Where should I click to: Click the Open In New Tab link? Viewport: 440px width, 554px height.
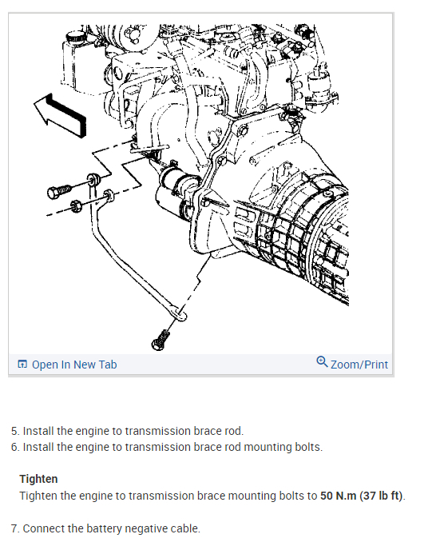pos(74,365)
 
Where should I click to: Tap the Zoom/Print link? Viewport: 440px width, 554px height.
pos(359,365)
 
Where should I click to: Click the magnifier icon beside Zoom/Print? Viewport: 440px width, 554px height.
pos(322,361)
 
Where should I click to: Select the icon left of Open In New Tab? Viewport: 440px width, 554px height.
pos(22,364)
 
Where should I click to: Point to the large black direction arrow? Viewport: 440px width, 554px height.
pos(61,115)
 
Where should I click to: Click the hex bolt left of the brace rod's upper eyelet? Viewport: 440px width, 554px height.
pos(59,192)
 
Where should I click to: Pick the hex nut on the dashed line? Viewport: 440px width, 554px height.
pos(76,205)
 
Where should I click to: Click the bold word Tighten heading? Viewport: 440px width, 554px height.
pos(38,479)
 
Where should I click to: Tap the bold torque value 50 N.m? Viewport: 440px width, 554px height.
pos(338,496)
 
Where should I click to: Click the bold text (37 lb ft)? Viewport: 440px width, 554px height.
pos(381,496)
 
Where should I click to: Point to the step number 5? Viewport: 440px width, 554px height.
pos(15,431)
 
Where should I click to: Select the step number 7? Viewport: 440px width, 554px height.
pos(15,528)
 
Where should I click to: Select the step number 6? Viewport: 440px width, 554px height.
pos(15,447)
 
